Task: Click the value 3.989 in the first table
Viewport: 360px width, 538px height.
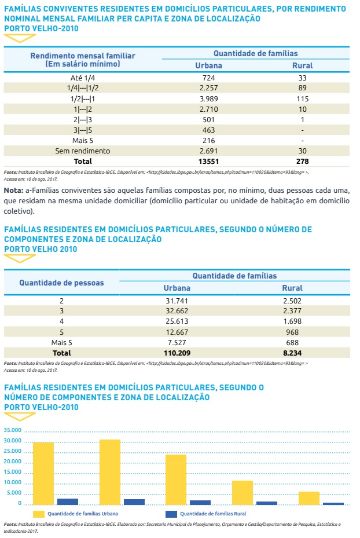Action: point(209,98)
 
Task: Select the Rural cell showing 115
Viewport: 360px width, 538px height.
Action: point(302,98)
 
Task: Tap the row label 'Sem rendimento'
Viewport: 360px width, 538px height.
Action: point(82,151)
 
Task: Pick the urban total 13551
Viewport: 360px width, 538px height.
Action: point(209,161)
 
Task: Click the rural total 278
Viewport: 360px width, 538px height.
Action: point(302,161)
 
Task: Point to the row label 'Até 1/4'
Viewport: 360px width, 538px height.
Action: point(82,78)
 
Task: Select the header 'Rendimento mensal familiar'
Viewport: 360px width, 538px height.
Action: point(82,56)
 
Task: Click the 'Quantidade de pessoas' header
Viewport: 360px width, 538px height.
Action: point(61,283)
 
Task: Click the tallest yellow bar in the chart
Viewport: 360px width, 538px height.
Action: point(110,472)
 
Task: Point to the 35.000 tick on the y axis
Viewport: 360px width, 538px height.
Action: point(12,431)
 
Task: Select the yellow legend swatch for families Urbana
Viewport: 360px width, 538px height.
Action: point(39,514)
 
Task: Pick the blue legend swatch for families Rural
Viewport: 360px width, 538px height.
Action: point(171,514)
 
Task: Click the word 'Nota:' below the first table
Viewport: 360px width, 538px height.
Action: point(14,190)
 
